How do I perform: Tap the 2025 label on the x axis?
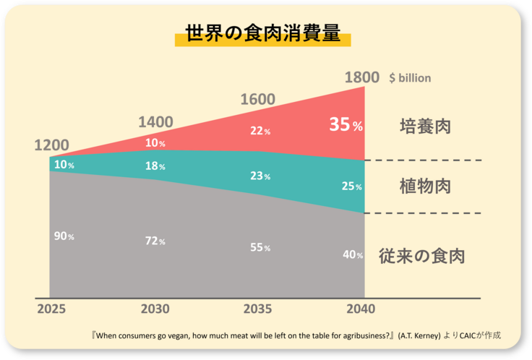(51, 309)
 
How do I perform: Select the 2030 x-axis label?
(155, 309)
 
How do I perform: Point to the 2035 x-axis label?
(257, 309)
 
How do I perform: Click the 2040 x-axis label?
(361, 309)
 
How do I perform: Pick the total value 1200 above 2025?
(51, 145)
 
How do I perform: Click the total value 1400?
(155, 121)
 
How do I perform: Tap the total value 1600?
(258, 100)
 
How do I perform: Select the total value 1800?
(362, 77)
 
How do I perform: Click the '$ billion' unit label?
(410, 77)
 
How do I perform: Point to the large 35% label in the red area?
(346, 124)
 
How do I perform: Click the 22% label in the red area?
(260, 131)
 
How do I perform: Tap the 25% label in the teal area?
(352, 187)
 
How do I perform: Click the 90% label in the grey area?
(64, 236)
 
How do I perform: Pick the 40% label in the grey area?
(353, 254)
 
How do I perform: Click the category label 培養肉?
(425, 127)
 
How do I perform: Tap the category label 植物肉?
(425, 186)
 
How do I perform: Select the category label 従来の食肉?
(421, 256)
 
